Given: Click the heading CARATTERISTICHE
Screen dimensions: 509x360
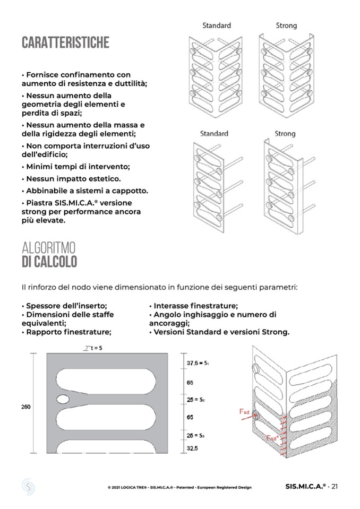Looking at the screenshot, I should tap(65, 43).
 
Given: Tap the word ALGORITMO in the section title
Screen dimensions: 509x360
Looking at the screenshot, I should tap(48, 248).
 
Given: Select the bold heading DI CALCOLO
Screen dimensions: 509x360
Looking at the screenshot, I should tap(49, 262).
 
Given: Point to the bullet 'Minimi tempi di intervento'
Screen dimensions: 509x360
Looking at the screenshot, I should tap(75, 167).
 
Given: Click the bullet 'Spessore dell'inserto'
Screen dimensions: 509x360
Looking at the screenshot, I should tap(64, 306).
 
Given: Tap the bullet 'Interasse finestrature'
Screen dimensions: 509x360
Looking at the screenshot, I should tap(193, 306).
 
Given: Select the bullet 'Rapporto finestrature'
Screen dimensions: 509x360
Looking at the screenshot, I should tap(66, 332).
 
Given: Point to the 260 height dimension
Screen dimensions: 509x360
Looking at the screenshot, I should tap(26, 407).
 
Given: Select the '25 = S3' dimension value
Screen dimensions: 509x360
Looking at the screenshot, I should tap(195, 436).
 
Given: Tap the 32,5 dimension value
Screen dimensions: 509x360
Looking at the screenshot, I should tap(192, 449).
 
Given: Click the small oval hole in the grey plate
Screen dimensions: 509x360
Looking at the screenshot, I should tap(63, 399).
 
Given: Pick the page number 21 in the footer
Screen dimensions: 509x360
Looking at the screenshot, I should tap(335, 487).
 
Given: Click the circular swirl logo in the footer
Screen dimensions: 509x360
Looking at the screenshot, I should tap(28, 486).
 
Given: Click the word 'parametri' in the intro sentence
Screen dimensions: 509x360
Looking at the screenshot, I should tap(281, 287).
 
